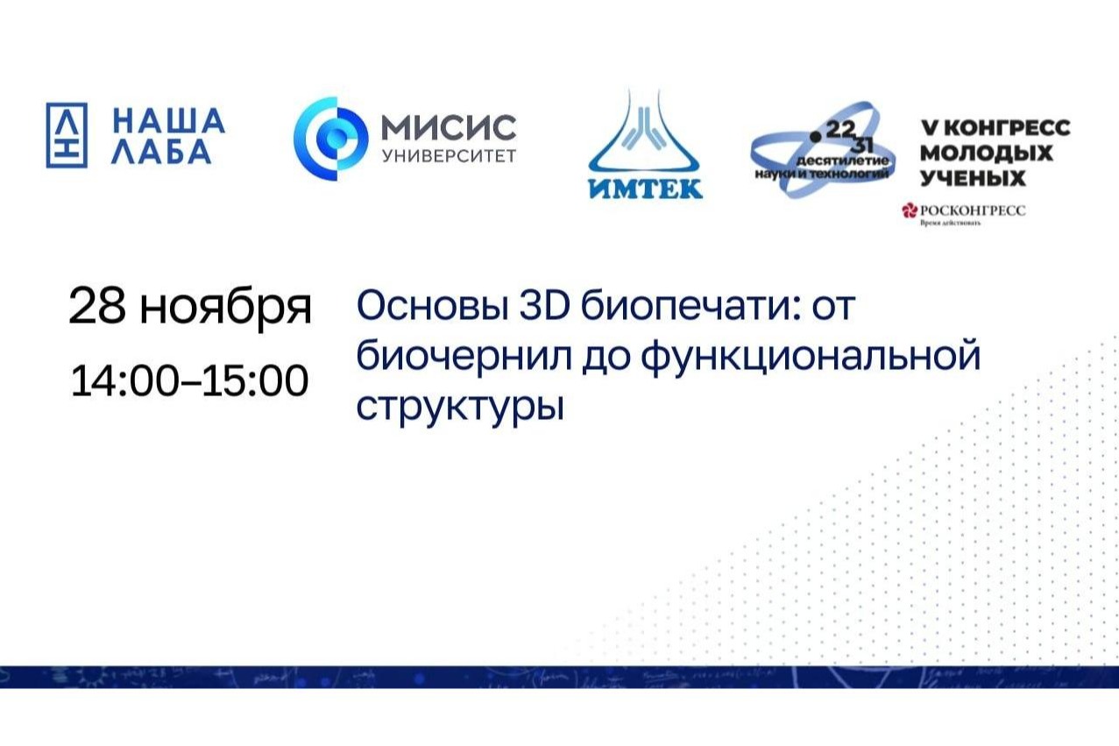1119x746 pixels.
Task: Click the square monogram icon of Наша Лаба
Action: (x=67, y=136)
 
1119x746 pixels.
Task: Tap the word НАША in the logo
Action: (x=169, y=120)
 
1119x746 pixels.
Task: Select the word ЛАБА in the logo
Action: (x=163, y=153)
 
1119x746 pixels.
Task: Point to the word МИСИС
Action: (x=448, y=127)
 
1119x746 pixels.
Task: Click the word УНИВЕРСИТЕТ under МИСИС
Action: (x=448, y=156)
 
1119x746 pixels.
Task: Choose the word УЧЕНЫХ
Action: (x=972, y=178)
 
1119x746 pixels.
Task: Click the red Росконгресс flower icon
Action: (x=909, y=210)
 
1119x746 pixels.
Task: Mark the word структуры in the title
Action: (x=457, y=408)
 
